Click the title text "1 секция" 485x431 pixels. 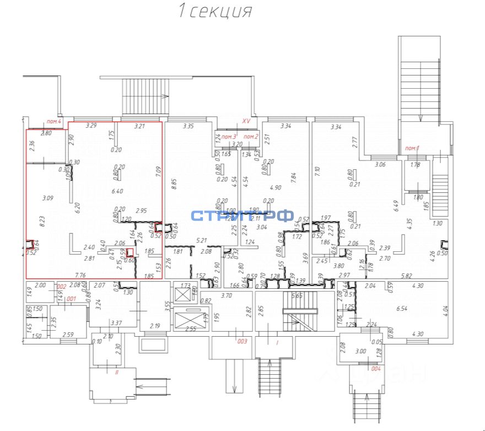215,12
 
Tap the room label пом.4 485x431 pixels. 54,121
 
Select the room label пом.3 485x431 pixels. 229,136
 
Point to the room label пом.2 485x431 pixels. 251,136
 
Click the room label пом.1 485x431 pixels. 412,148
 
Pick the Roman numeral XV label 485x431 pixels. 246,121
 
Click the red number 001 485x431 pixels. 71,298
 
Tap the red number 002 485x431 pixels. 61,286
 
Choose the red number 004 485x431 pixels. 376,368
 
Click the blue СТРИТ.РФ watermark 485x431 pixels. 242,216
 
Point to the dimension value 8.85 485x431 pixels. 175,183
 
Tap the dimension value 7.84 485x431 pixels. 294,178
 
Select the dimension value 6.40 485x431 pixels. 117,191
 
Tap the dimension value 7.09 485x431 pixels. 158,172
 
